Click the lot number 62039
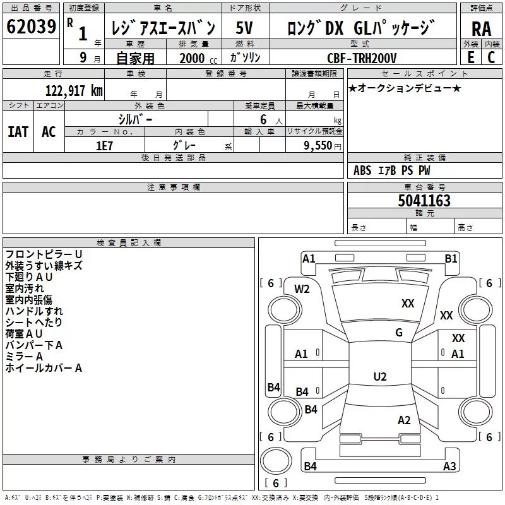click(31, 27)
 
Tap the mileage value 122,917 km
click(74, 90)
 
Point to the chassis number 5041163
click(424, 201)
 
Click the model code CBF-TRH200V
click(362, 58)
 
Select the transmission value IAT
click(18, 131)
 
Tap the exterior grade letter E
click(470, 57)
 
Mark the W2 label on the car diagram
click(302, 288)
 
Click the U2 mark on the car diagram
click(379, 377)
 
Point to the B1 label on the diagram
click(451, 258)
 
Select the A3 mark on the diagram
click(449, 466)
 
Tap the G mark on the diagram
click(398, 333)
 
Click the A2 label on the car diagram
click(404, 420)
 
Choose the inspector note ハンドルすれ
click(34, 311)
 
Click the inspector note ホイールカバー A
click(44, 367)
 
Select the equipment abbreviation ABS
click(362, 170)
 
